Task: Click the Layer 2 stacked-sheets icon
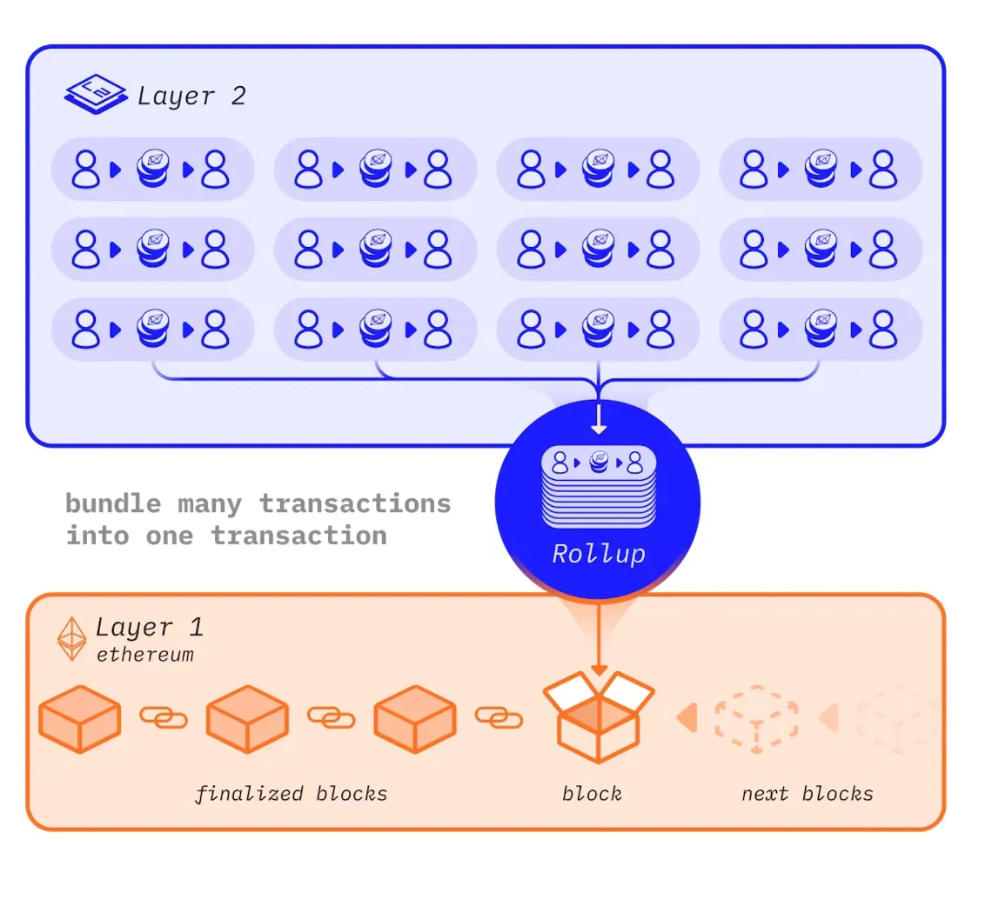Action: pyautogui.click(x=96, y=94)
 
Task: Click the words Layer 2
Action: pyautogui.click(x=191, y=97)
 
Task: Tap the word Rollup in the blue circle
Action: pyautogui.click(x=599, y=554)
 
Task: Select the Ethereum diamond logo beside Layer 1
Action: pyautogui.click(x=71, y=638)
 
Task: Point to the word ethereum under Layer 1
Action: pyautogui.click(x=144, y=655)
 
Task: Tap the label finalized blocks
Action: pyautogui.click(x=291, y=794)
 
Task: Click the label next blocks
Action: pyautogui.click(x=808, y=794)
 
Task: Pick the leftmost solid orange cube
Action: pyautogui.click(x=80, y=719)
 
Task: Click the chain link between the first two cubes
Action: pyautogui.click(x=164, y=718)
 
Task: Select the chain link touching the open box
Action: pyautogui.click(x=499, y=718)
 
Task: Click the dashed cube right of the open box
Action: pyautogui.click(x=757, y=719)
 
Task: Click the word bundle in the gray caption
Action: pyautogui.click(x=113, y=504)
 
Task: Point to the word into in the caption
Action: pyautogui.click(x=97, y=536)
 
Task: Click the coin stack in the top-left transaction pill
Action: pyautogui.click(x=153, y=169)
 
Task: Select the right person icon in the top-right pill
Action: pyautogui.click(x=882, y=169)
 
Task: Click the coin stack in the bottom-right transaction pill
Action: pyautogui.click(x=821, y=329)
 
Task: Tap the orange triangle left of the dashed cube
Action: pyautogui.click(x=687, y=718)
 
